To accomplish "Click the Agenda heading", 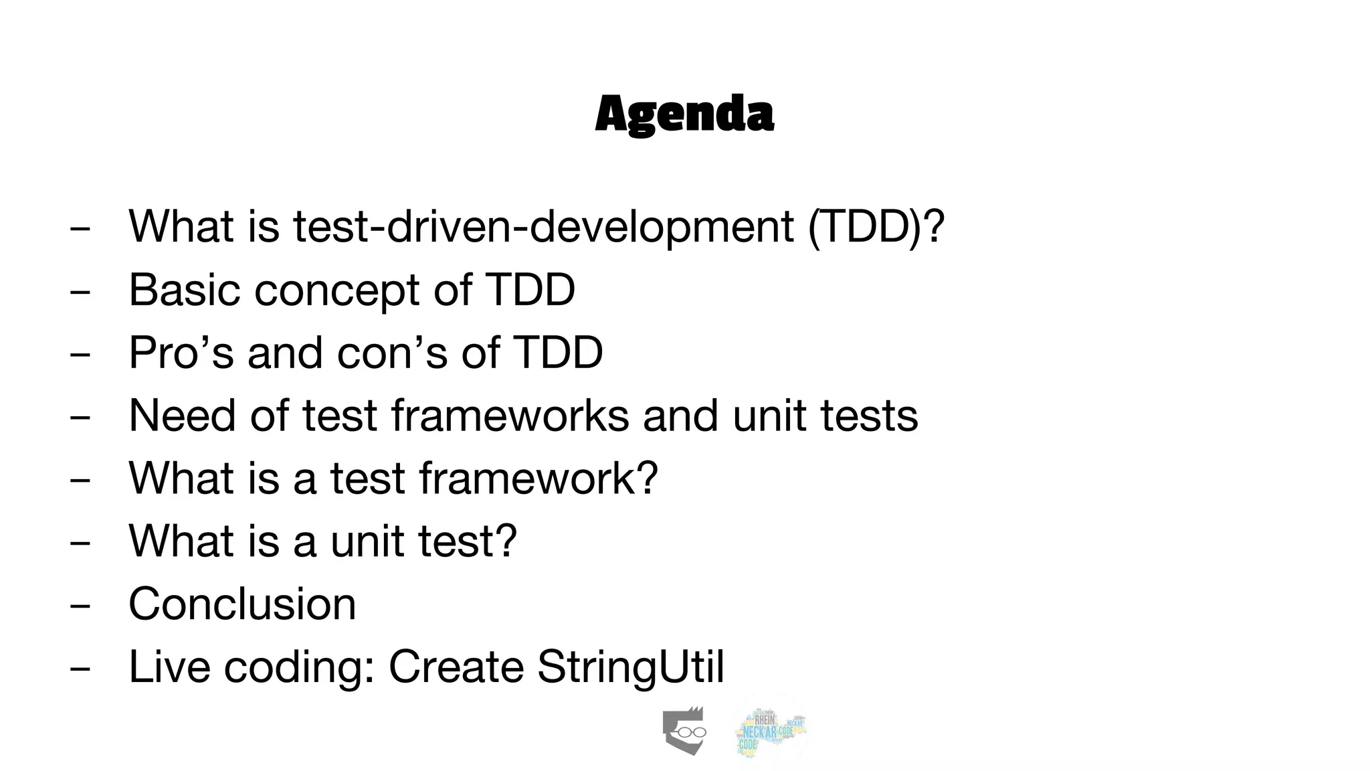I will click(x=684, y=114).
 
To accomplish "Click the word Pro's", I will click(x=181, y=352).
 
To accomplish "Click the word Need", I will click(x=182, y=415).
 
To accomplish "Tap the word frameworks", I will click(x=510, y=415).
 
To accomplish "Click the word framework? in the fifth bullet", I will click(x=539, y=478).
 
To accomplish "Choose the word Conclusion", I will click(x=242, y=604).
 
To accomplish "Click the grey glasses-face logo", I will click(x=684, y=731).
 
